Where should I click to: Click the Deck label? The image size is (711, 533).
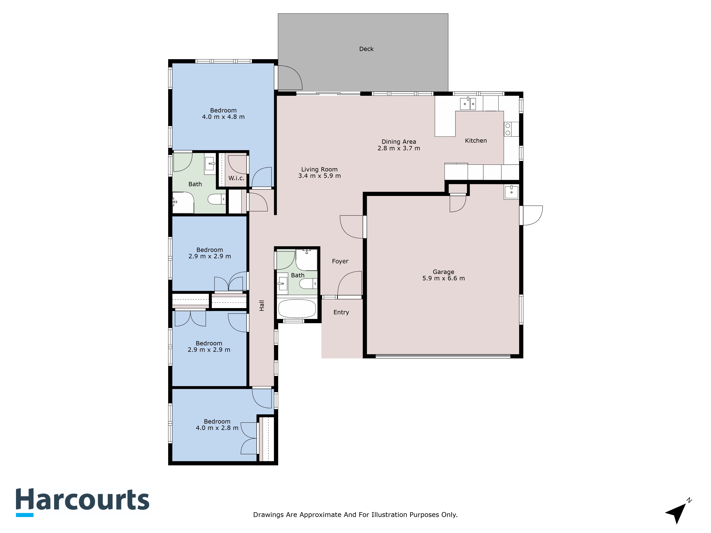(x=366, y=49)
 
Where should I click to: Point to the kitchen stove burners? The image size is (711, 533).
(x=508, y=129)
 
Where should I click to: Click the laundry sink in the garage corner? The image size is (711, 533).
(x=511, y=192)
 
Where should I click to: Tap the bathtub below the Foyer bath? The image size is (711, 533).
(x=297, y=308)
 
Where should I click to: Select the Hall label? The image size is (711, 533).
(x=262, y=306)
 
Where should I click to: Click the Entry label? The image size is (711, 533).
(x=341, y=312)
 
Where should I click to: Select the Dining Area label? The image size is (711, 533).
(x=399, y=142)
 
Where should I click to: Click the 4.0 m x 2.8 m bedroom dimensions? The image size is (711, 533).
(x=217, y=428)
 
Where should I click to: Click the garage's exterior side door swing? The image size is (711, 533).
(x=532, y=215)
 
